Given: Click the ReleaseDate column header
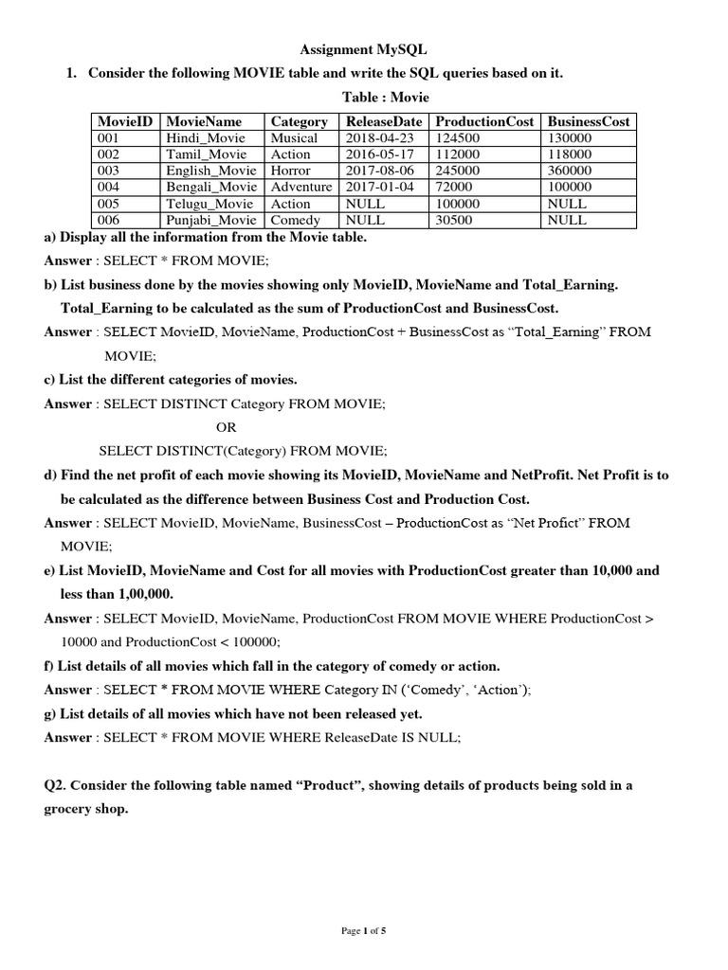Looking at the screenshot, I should click(x=383, y=121).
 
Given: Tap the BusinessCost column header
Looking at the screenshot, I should click(x=588, y=121).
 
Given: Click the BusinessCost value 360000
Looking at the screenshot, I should click(x=570, y=171).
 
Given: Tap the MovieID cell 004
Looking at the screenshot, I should click(x=112, y=188).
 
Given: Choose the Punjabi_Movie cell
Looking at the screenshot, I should click(x=210, y=220).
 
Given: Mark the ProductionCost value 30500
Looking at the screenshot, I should click(x=453, y=220).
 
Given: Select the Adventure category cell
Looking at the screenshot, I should click(x=301, y=188).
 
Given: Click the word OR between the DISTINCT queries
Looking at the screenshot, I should click(x=227, y=427).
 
